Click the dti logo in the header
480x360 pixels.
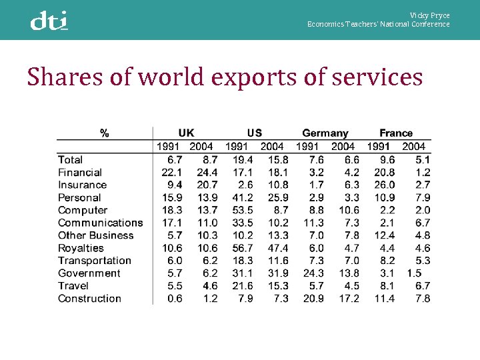coord(49,21)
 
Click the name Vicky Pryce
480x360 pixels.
coord(429,15)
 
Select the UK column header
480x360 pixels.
coord(187,133)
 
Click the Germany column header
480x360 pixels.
coord(325,133)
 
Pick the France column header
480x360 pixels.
coord(396,133)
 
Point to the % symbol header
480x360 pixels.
coord(105,133)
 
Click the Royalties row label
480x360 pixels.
coord(81,248)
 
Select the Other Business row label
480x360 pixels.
coord(95,235)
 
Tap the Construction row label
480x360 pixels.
coord(89,299)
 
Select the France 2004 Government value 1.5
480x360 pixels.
coord(413,273)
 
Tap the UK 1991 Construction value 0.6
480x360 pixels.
coord(175,299)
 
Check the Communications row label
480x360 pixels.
coord(100,223)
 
